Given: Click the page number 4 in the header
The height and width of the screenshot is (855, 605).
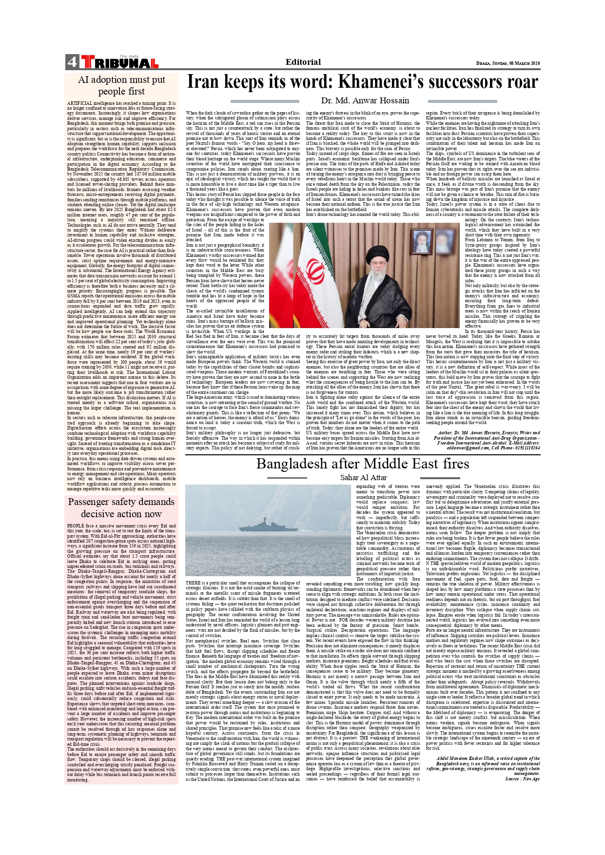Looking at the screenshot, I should click(72, 62).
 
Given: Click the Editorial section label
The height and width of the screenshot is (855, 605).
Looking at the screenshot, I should click(303, 62).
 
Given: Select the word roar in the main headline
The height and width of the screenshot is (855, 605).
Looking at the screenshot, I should click(518, 81).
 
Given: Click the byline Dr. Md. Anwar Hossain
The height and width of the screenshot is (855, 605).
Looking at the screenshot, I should click(365, 100).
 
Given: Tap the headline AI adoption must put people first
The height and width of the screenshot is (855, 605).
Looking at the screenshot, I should click(121, 85).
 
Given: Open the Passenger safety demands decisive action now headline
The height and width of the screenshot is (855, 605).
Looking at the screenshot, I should click(121, 507).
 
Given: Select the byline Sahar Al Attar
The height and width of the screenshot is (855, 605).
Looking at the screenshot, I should click(363, 477).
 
